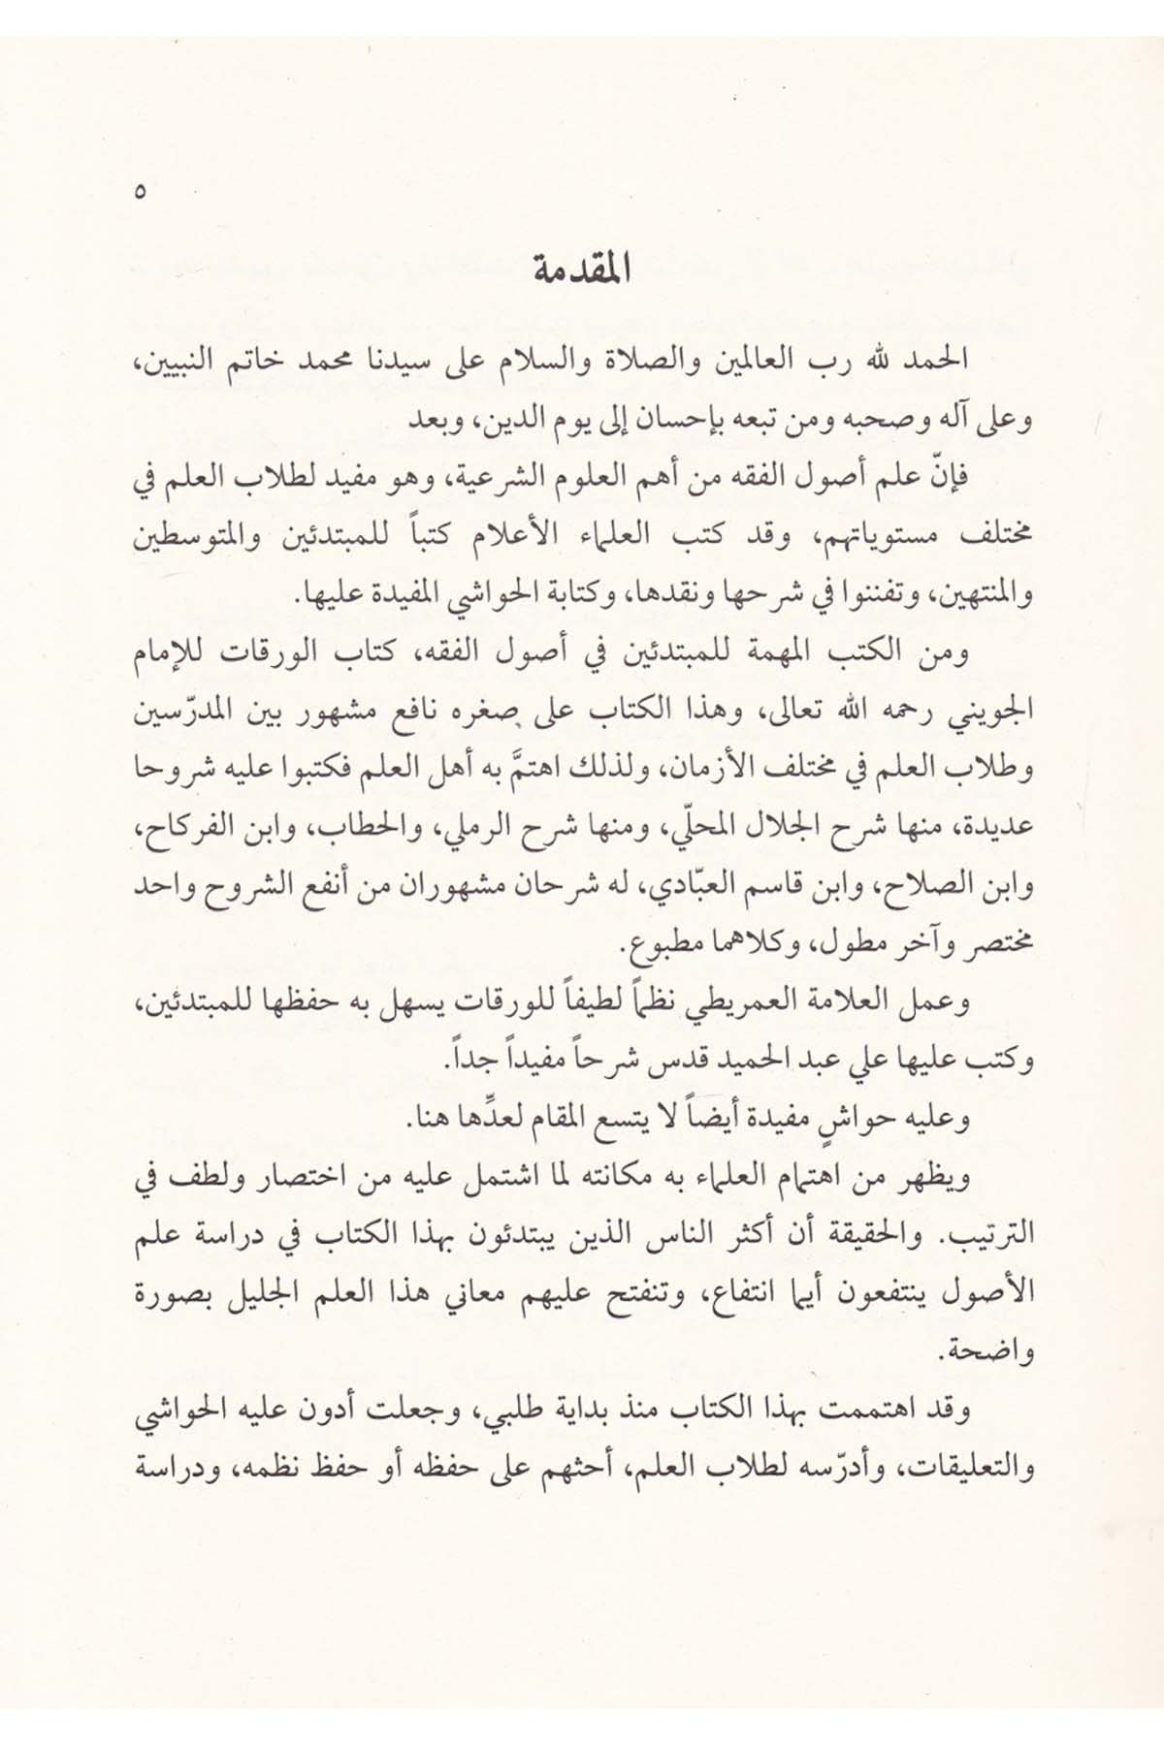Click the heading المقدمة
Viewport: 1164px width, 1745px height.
[582, 270]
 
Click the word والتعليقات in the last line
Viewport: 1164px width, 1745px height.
[971, 1469]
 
